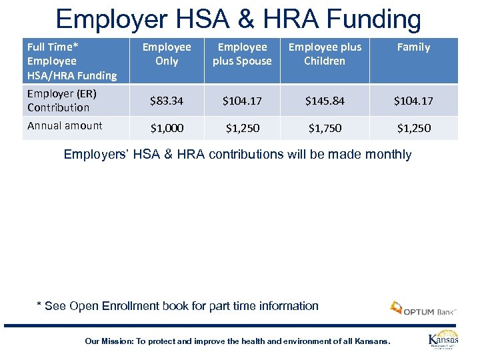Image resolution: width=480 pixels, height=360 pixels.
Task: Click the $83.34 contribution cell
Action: (x=166, y=101)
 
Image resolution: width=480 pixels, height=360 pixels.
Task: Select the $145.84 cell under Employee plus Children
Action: (x=325, y=101)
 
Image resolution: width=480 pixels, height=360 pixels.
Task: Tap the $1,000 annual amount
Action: (x=166, y=127)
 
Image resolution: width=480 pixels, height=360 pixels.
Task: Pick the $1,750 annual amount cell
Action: (x=325, y=127)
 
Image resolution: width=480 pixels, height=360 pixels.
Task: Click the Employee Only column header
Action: (x=167, y=54)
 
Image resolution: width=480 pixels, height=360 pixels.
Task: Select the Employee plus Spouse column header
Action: (x=242, y=54)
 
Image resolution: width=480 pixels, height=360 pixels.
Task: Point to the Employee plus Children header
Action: (x=325, y=54)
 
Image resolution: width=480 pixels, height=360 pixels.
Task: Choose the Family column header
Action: (x=413, y=47)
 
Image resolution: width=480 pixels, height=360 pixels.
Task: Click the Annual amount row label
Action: (x=65, y=125)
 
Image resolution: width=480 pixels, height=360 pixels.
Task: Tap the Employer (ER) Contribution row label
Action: (x=59, y=101)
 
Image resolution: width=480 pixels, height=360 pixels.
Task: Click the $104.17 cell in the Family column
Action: (x=413, y=101)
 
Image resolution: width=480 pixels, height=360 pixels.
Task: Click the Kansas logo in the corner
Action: (x=443, y=339)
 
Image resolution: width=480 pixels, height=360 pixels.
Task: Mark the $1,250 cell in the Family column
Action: (x=413, y=127)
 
